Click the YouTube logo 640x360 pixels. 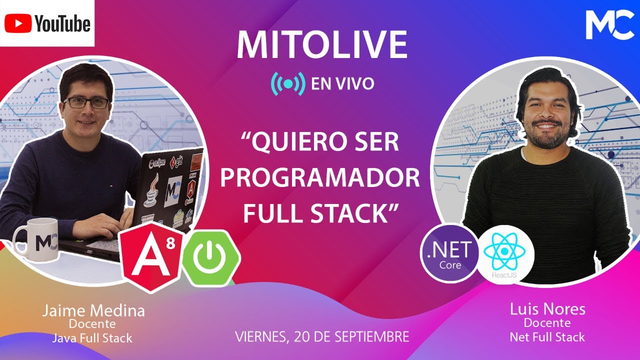(47, 23)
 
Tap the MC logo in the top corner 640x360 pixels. (609, 24)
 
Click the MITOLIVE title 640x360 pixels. (322, 44)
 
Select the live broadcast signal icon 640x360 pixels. (287, 84)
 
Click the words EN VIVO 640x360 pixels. (342, 84)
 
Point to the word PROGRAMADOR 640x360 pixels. (320, 178)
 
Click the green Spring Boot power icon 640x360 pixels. (210, 257)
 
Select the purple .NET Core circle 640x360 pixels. (448, 253)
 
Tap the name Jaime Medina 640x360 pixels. (93, 311)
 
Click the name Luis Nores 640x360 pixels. (547, 309)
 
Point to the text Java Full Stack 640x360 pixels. (92, 338)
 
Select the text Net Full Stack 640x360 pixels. (547, 337)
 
